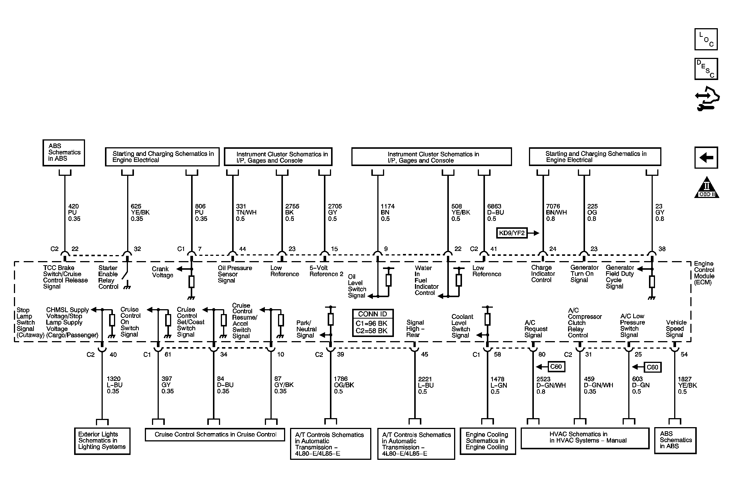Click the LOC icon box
tap(706, 39)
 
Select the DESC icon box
tap(706, 69)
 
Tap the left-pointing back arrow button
tap(706, 157)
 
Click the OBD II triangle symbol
tap(707, 187)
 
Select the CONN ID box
tap(372, 322)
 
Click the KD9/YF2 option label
tap(512, 233)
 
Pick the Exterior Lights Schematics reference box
tap(102, 441)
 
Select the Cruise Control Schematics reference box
tap(215, 434)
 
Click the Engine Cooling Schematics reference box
tap(488, 441)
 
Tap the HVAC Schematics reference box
tap(585, 438)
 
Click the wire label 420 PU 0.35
tap(74, 213)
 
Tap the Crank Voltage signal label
tap(163, 272)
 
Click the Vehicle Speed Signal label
tap(676, 329)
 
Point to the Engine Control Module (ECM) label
tap(704, 273)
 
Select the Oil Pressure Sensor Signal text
tap(235, 274)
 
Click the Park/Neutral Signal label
tap(306, 329)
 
